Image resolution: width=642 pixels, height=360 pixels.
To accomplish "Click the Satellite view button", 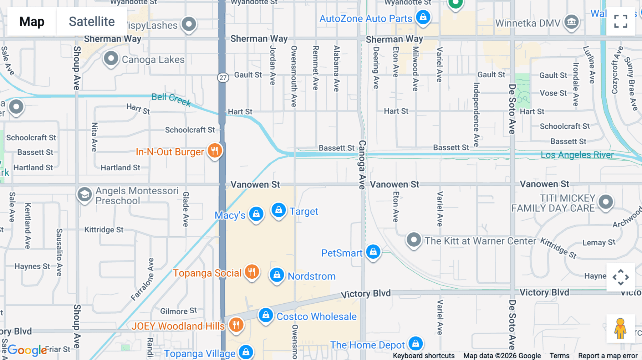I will (x=92, y=21).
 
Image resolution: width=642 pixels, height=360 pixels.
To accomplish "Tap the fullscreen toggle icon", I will (x=621, y=21).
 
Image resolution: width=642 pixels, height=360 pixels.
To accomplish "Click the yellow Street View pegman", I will (x=620, y=328).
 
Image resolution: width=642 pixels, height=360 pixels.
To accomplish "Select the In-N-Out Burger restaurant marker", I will (x=215, y=151).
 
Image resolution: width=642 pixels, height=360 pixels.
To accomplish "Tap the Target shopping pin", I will (x=279, y=210).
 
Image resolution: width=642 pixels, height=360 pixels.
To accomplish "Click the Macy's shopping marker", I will (x=256, y=214).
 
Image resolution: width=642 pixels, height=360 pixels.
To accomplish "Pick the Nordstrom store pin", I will (x=276, y=275).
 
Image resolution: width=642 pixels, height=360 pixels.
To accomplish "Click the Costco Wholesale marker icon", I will (x=266, y=315).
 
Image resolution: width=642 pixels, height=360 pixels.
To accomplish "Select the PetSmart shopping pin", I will (x=373, y=252).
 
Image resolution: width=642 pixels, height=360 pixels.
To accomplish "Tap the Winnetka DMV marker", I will (x=571, y=22).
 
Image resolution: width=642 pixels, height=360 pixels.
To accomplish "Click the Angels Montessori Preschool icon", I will (x=85, y=195).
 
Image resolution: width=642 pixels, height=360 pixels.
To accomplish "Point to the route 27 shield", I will (x=223, y=77).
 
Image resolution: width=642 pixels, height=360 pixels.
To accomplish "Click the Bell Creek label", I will (x=171, y=99).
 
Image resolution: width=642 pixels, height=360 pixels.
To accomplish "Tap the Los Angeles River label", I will (x=577, y=155).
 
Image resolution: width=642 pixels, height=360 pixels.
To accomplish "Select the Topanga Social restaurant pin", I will (x=252, y=272).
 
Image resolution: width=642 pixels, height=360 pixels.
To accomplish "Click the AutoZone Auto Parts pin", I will (x=423, y=17).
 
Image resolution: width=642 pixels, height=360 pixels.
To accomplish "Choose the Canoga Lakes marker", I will (x=111, y=58).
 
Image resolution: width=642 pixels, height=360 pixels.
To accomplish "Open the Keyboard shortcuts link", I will (x=423, y=356).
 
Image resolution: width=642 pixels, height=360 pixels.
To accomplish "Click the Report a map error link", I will (x=607, y=356).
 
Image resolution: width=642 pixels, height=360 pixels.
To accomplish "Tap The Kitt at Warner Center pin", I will (x=414, y=240).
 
